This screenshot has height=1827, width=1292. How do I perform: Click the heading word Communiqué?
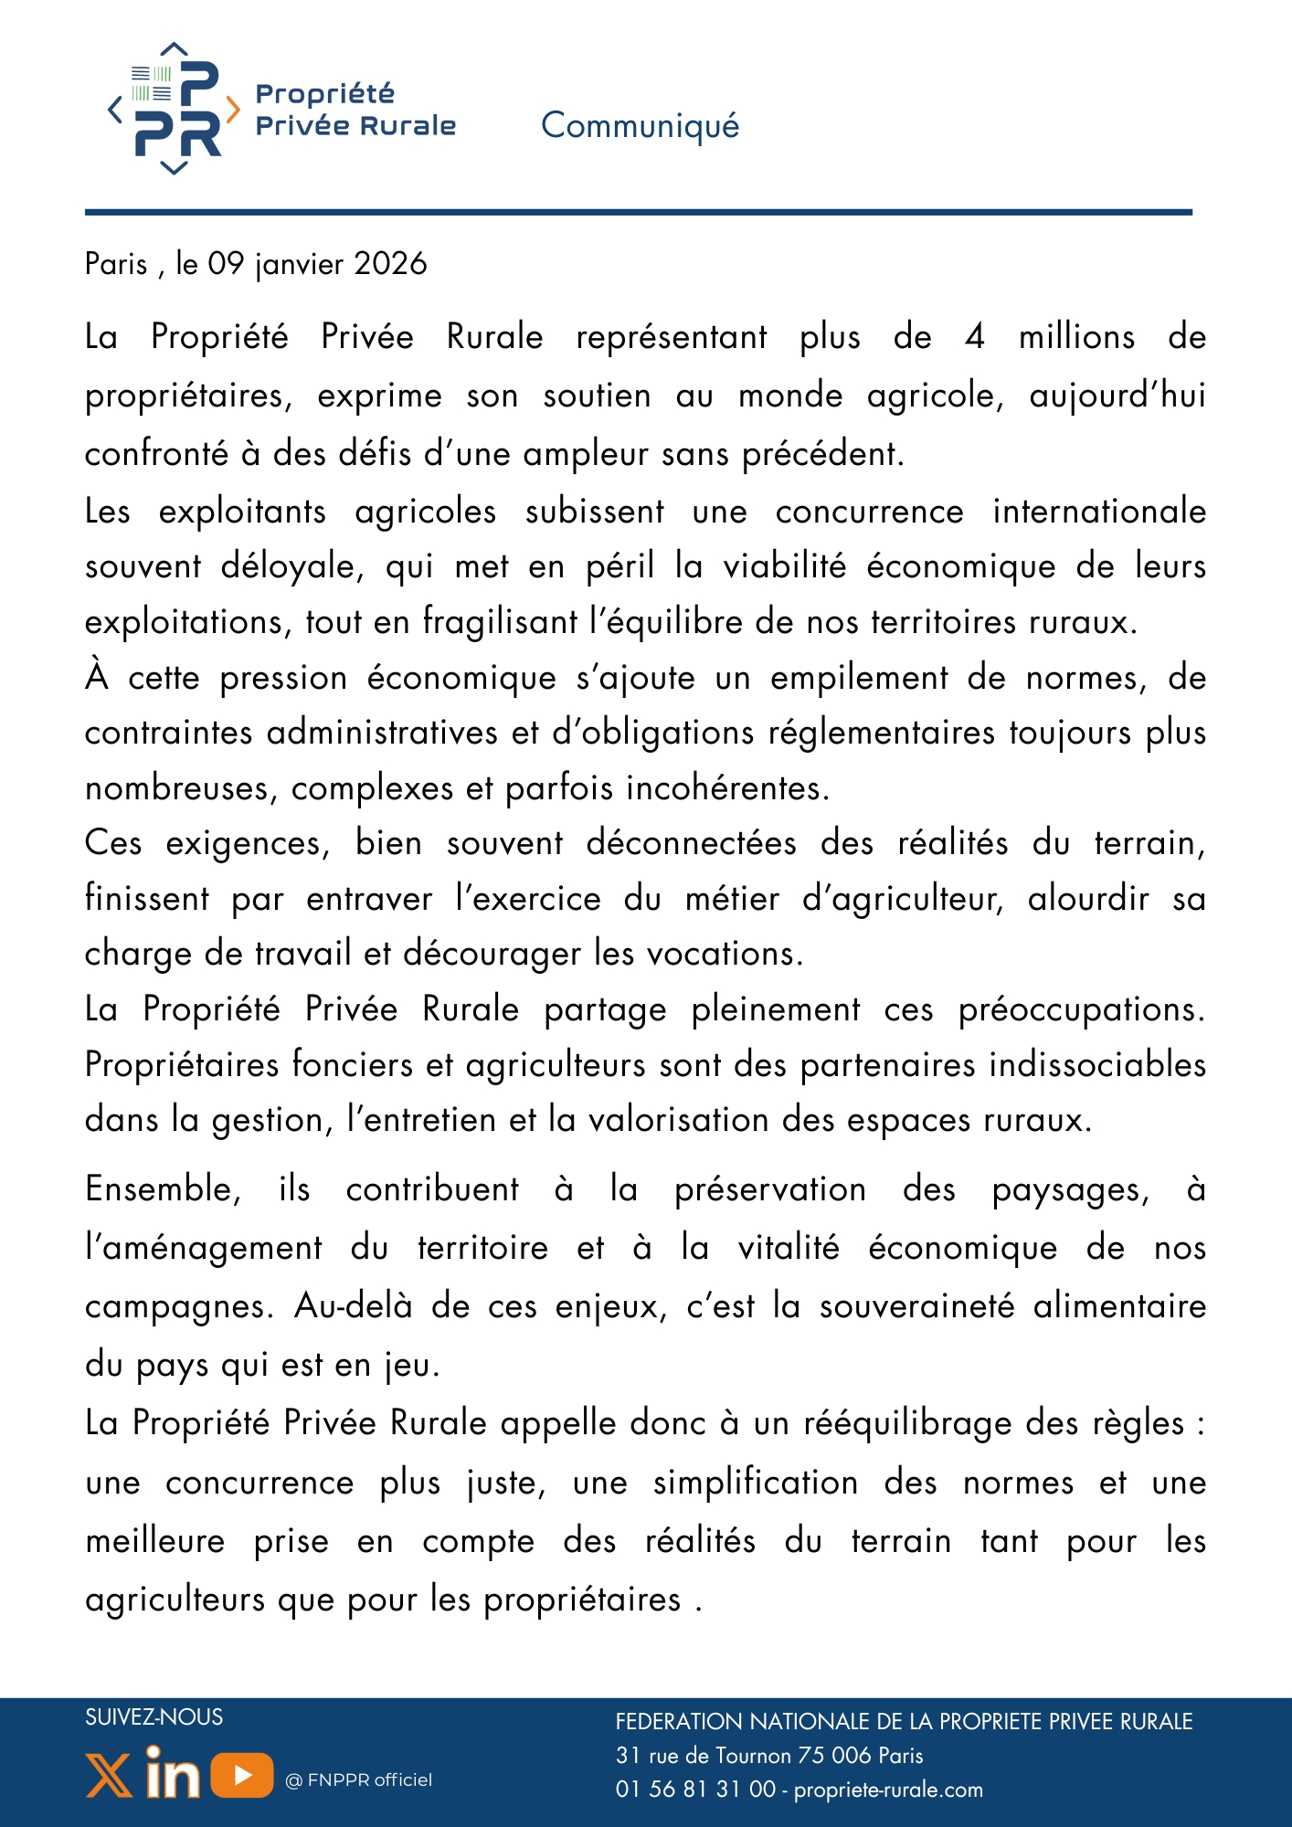click(640, 126)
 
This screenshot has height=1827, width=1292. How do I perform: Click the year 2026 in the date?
click(390, 264)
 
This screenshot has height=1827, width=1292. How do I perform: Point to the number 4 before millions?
click(975, 337)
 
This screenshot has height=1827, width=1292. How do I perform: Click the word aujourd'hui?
click(1117, 396)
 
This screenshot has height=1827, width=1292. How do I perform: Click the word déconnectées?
click(691, 843)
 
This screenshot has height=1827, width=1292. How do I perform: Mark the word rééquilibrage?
click(905, 1423)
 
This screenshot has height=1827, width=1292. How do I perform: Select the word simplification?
click(755, 1483)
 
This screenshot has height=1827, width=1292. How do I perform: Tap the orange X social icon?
click(109, 1776)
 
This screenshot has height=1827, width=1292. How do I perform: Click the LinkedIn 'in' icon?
click(172, 1772)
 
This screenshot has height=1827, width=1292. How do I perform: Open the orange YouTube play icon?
click(242, 1775)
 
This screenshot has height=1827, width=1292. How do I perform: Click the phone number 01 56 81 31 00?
click(695, 1790)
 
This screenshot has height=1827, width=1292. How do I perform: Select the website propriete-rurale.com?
click(888, 1790)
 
